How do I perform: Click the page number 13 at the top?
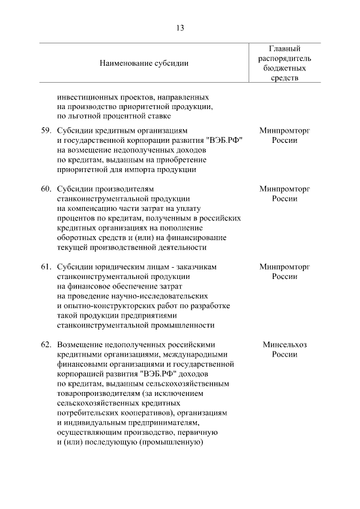coord(180,28)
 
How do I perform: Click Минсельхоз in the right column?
coord(285,344)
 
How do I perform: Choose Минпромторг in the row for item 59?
coord(285,130)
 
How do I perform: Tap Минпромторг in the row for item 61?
coord(285,266)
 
